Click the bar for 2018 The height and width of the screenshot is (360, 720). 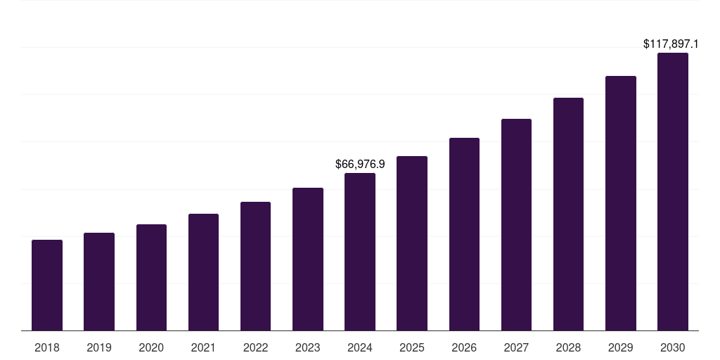(x=47, y=285)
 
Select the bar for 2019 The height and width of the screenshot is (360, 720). (x=99, y=281)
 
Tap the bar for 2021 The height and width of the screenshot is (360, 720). (x=203, y=272)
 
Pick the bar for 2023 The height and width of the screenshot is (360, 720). (x=308, y=259)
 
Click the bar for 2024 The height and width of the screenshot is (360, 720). (x=360, y=252)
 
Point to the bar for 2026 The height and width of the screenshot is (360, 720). (x=464, y=234)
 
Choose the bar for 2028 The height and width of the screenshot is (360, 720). (x=568, y=214)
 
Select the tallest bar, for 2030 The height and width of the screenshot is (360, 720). (x=673, y=191)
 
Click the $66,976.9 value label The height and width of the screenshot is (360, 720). (x=360, y=164)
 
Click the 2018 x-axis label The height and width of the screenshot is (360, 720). (x=47, y=347)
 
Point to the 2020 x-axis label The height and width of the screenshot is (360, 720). (x=151, y=347)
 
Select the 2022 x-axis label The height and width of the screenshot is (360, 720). (x=255, y=347)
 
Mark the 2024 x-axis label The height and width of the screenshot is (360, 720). (x=360, y=347)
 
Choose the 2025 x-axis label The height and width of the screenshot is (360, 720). (x=412, y=347)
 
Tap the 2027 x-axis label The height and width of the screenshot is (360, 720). (x=516, y=347)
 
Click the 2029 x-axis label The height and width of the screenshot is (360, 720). (x=620, y=347)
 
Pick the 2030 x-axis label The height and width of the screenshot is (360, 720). (x=673, y=347)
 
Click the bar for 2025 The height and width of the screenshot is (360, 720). (x=412, y=243)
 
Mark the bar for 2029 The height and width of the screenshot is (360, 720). (x=620, y=203)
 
